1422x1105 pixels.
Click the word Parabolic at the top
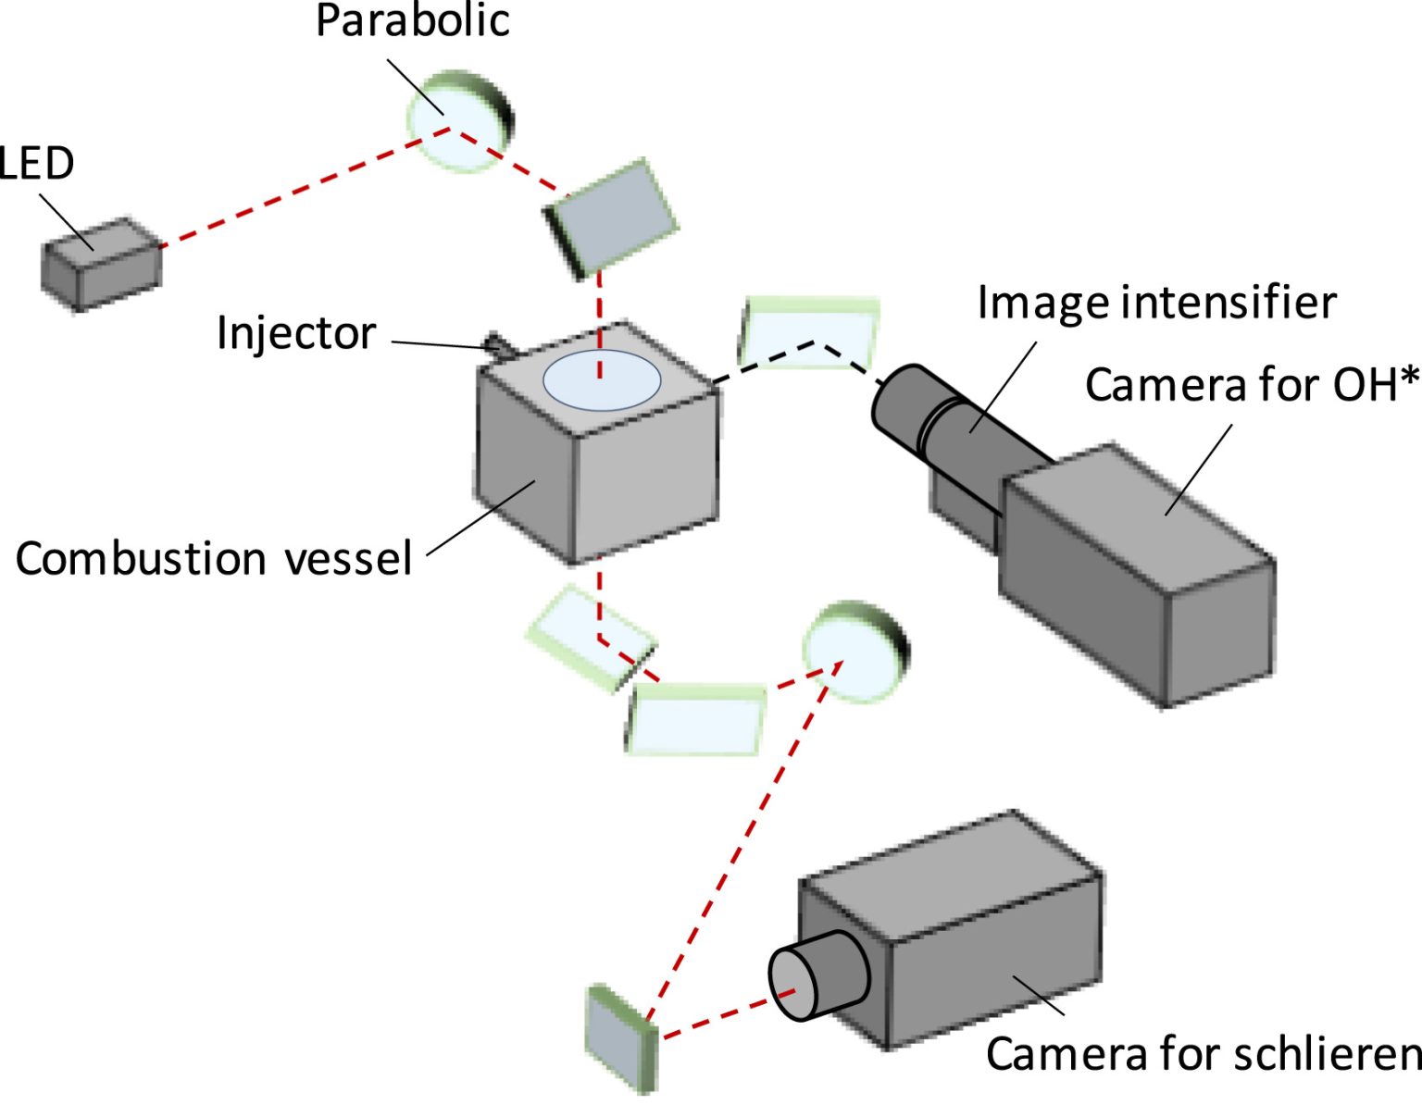tap(412, 20)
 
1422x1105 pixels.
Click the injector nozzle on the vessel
tap(501, 345)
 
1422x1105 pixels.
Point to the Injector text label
tap(296, 333)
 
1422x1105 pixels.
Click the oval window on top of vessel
tap(602, 380)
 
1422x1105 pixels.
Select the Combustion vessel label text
tap(213, 559)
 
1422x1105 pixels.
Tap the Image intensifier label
tap(1156, 303)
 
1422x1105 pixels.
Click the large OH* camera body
tap(1139, 574)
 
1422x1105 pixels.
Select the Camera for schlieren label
tap(1202, 1053)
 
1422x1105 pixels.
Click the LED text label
tap(35, 164)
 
